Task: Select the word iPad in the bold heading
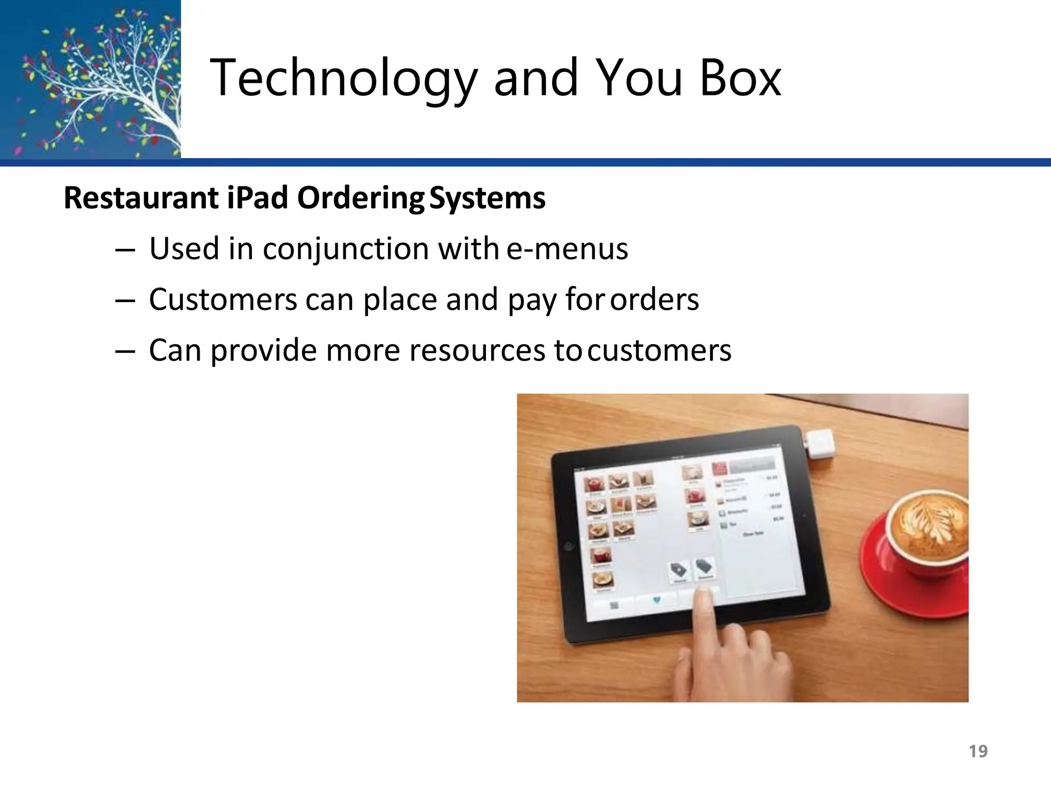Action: point(257,198)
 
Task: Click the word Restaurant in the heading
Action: point(141,198)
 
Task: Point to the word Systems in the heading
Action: point(487,198)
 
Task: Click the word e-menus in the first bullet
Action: point(567,249)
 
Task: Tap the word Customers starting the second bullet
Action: point(223,300)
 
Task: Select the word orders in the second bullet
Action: point(654,300)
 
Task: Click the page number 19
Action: point(978,751)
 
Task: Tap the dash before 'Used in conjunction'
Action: point(125,250)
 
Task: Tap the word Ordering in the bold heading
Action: point(361,198)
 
